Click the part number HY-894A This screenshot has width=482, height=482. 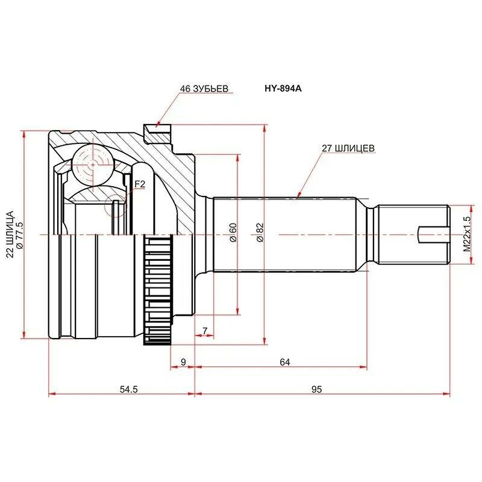(x=283, y=89)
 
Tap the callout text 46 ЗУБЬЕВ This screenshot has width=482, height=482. (x=204, y=89)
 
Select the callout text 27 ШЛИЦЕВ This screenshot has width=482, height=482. (x=348, y=148)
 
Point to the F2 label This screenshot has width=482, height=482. (x=140, y=184)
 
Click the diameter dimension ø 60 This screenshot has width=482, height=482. (x=233, y=233)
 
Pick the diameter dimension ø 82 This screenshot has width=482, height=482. (x=260, y=233)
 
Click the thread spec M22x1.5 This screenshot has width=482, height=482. (x=467, y=234)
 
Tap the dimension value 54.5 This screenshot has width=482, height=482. (x=129, y=389)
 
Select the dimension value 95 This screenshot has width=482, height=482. (x=316, y=389)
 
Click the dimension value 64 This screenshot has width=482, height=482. (x=284, y=362)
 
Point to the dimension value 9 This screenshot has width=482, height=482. (x=183, y=362)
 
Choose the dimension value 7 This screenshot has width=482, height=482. (x=205, y=331)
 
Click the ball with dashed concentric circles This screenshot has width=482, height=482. (x=93, y=165)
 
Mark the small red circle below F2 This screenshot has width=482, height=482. (x=115, y=205)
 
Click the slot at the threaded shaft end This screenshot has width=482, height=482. (x=433, y=234)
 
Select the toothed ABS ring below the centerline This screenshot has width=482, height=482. (x=157, y=290)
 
